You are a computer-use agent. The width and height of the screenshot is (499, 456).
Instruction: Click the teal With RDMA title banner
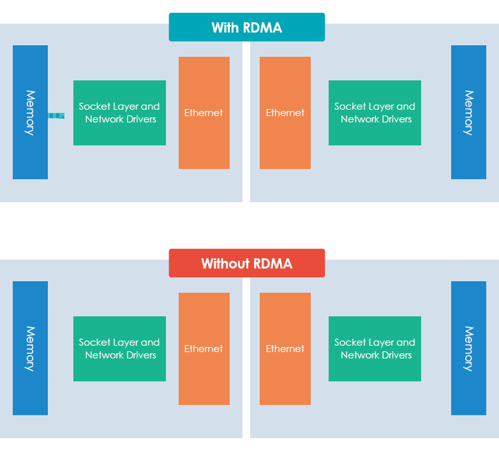point(246,27)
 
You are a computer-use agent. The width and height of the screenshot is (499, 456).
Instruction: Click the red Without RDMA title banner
point(246,263)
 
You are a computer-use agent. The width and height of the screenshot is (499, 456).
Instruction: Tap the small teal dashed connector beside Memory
point(56,115)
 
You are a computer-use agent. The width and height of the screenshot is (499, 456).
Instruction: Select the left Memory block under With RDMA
point(30,112)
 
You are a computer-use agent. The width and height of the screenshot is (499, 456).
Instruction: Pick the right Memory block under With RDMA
point(468,112)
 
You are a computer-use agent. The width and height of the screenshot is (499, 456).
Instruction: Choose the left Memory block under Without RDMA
point(30,348)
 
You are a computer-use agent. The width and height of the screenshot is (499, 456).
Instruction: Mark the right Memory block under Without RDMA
point(468,348)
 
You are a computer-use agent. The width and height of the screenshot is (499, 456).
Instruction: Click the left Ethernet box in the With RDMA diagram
point(204,113)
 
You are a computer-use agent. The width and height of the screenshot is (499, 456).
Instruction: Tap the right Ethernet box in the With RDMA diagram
point(285,113)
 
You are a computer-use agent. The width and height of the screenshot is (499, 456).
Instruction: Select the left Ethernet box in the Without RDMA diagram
point(204,349)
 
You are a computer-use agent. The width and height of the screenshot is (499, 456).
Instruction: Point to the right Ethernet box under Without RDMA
point(285,349)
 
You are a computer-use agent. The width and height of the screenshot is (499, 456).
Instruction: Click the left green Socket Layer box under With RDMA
point(119,113)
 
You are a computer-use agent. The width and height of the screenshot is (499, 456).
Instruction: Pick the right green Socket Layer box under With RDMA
point(375,113)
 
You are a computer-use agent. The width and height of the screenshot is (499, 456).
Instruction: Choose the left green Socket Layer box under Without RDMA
point(119,349)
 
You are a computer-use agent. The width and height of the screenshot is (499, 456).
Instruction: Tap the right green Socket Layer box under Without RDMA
point(375,349)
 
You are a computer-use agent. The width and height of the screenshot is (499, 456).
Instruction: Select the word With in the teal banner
point(225,28)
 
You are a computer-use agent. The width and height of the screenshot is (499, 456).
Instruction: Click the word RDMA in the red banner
point(274,264)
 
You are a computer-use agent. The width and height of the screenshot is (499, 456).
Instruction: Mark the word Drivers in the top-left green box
point(138,119)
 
